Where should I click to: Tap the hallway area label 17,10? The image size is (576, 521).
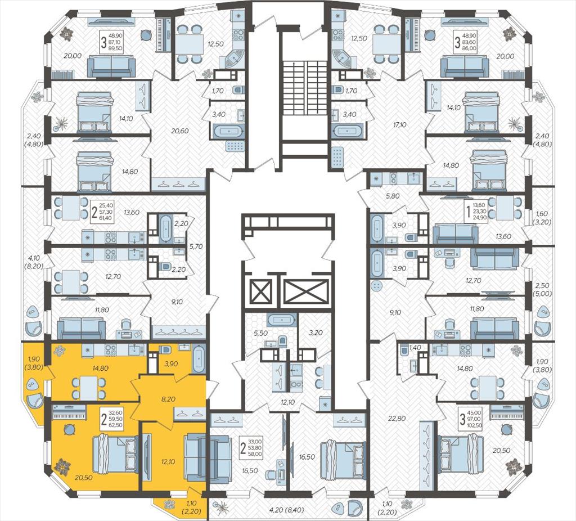399,125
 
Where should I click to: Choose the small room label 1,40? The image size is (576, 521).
414,347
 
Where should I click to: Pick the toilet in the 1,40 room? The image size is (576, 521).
404,351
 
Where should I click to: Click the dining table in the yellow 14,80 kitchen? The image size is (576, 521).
88,388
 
